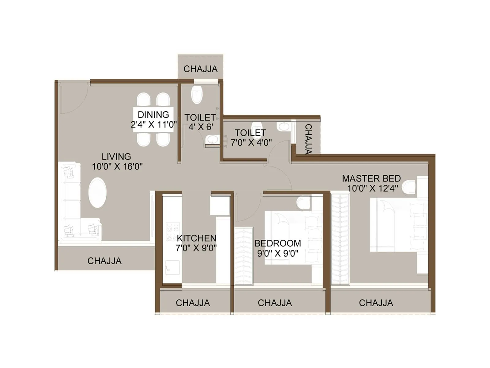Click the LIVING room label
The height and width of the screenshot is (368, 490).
click(116, 156)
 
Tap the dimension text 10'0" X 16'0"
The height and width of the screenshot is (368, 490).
click(117, 167)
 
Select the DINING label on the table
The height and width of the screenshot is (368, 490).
click(153, 114)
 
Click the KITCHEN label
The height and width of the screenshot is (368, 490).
click(196, 238)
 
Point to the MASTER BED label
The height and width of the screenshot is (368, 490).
click(371, 178)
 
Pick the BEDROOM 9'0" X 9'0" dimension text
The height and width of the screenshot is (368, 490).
click(278, 253)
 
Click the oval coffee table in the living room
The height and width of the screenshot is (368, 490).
click(97, 193)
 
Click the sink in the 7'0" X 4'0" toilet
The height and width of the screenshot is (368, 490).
click(284, 126)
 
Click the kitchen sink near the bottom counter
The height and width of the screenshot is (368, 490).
click(172, 268)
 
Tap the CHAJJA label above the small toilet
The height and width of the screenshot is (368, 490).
click(200, 69)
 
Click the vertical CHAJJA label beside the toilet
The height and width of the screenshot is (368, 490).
click(308, 139)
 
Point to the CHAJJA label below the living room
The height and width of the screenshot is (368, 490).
click(104, 261)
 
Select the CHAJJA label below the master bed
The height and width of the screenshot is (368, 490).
click(376, 303)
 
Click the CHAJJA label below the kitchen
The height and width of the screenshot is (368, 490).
click(193, 303)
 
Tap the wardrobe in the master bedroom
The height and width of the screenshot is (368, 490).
click(340, 239)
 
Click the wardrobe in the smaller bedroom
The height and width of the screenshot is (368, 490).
click(243, 256)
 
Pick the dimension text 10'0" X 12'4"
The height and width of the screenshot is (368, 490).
click(372, 188)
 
